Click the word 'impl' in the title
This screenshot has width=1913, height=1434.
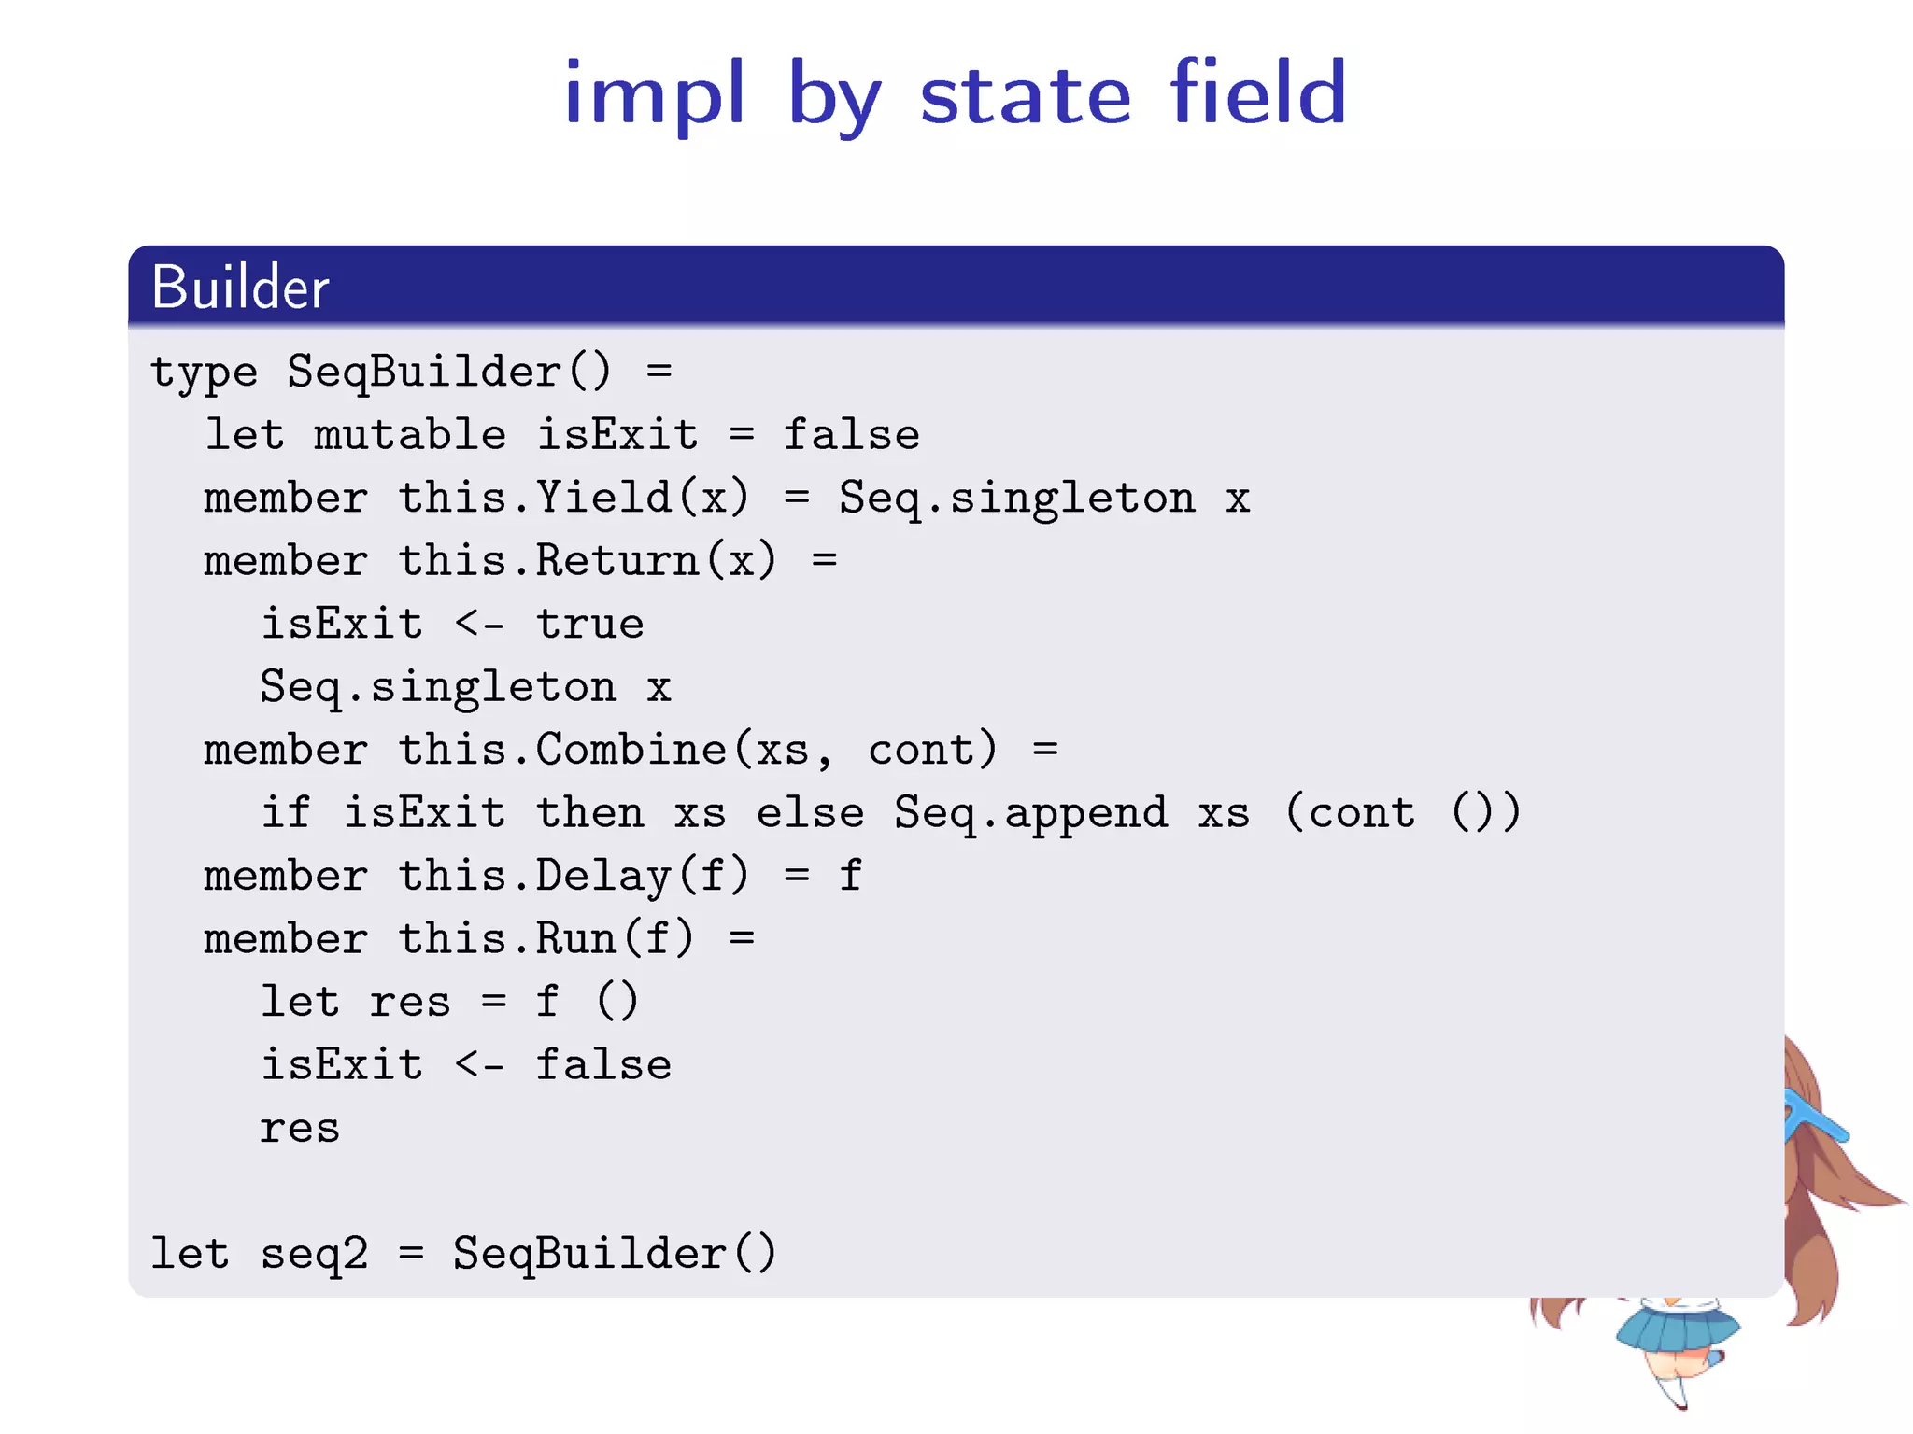point(654,93)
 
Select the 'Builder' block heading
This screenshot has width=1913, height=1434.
point(240,287)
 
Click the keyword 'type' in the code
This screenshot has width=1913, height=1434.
point(204,373)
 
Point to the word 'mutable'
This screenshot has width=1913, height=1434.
point(409,435)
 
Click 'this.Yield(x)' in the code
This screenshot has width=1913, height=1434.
point(574,498)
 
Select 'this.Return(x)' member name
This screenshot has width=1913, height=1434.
point(587,561)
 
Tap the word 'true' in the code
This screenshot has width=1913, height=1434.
point(589,624)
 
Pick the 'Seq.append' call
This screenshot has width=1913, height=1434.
point(1030,812)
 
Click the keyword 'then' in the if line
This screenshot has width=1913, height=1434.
point(589,812)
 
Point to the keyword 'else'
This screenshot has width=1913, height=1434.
point(810,812)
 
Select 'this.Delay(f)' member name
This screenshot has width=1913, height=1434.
point(574,876)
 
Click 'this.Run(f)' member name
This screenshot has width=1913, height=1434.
point(546,938)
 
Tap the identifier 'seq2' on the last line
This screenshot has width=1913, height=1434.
point(314,1254)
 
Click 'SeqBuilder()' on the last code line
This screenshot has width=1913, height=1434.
point(615,1254)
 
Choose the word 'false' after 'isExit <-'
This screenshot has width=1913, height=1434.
point(603,1064)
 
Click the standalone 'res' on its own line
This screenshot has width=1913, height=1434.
point(299,1129)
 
